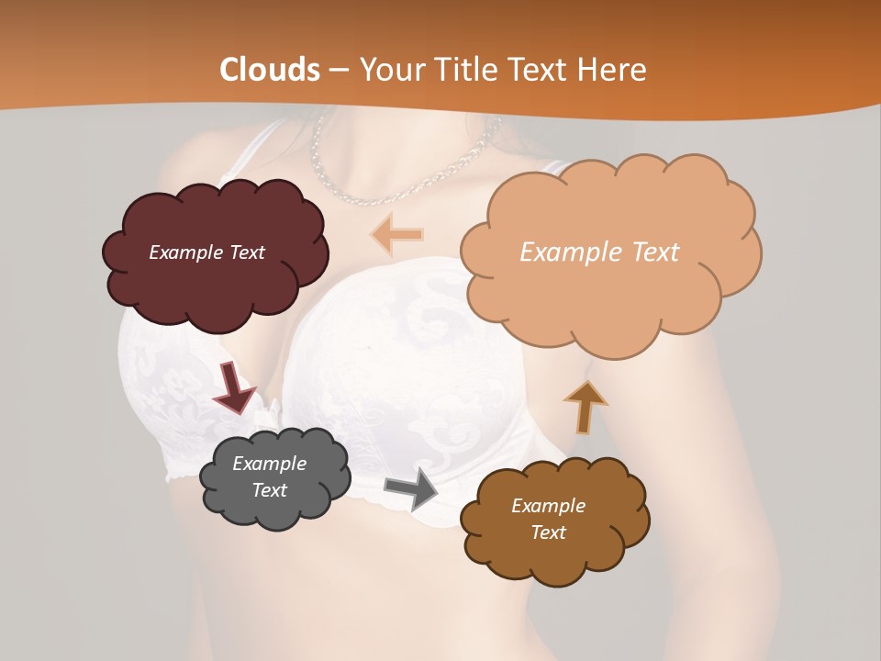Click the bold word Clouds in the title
(270, 70)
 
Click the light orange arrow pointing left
(397, 234)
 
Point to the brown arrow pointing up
(585, 407)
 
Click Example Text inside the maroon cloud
(206, 252)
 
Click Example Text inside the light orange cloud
(599, 252)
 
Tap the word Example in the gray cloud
(269, 464)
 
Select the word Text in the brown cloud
(548, 532)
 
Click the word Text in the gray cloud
(269, 490)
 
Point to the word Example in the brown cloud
(548, 506)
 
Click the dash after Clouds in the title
(338, 71)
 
